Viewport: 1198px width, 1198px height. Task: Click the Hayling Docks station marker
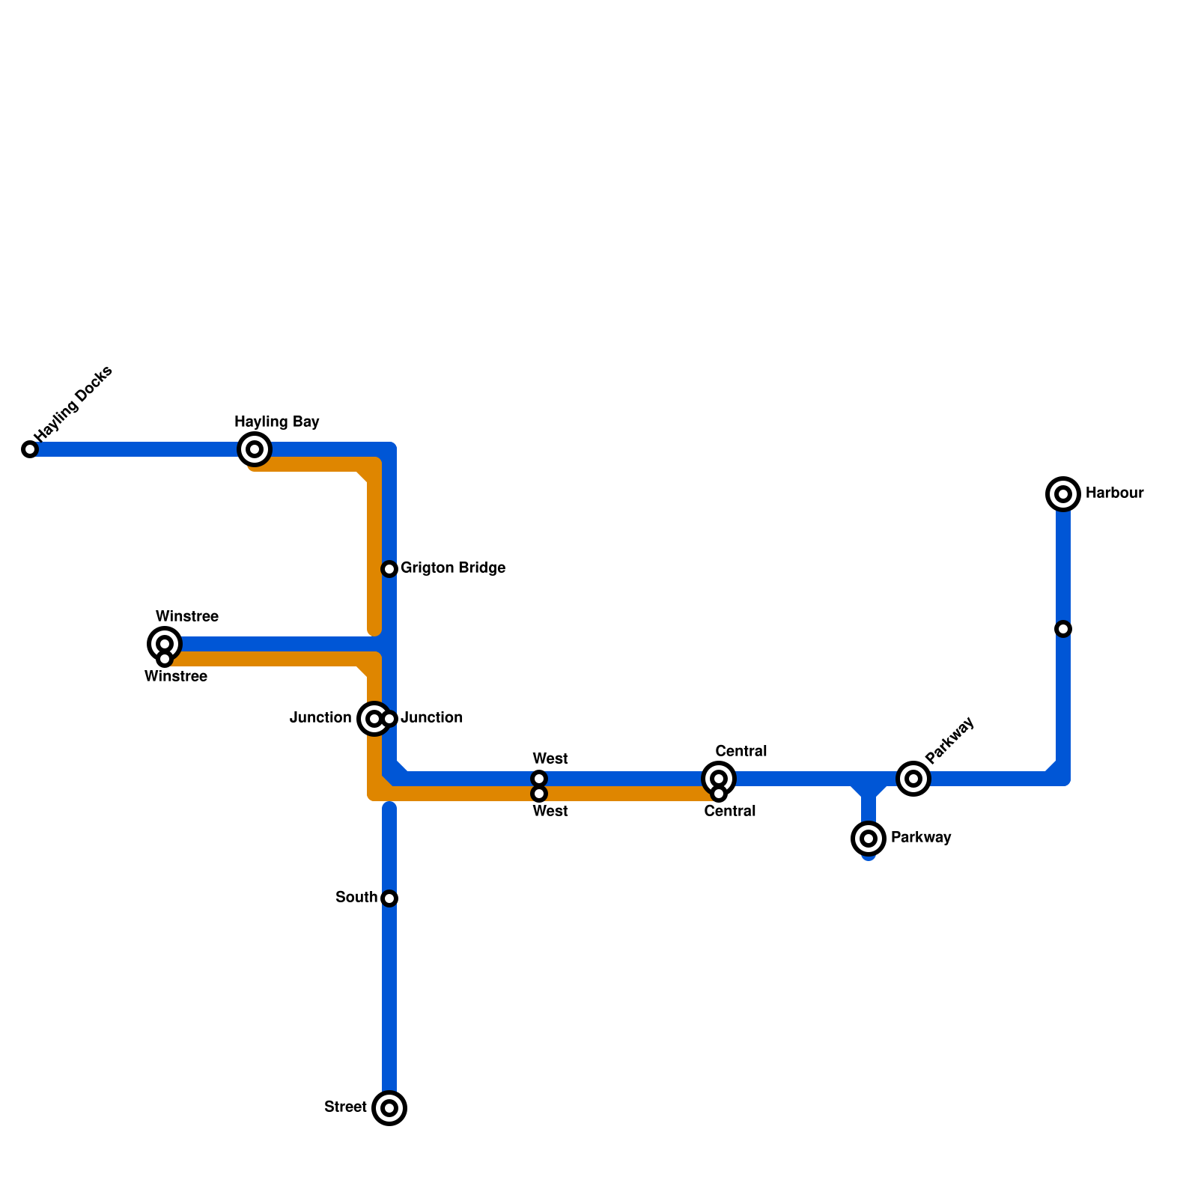(30, 449)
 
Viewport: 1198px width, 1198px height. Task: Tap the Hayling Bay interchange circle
(255, 449)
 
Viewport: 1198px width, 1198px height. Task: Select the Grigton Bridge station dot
(389, 569)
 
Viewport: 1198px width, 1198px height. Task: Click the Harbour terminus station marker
(1063, 494)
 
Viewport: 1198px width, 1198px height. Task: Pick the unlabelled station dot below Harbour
(1063, 629)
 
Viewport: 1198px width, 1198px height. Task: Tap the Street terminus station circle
(389, 1108)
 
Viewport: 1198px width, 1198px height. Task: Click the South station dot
(389, 898)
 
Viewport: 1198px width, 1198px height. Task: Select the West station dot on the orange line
(539, 794)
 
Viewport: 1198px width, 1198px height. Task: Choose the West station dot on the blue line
(539, 779)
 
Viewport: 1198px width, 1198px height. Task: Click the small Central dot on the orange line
(719, 794)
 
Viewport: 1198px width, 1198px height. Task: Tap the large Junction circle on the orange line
(374, 719)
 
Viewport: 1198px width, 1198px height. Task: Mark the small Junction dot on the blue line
(389, 719)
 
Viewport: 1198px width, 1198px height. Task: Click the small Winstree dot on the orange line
(165, 659)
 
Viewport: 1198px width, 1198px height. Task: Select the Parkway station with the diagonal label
(913, 779)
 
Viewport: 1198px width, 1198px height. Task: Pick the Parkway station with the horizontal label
(869, 839)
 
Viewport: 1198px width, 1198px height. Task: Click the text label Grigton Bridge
(453, 568)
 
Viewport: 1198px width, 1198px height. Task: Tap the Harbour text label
(1114, 493)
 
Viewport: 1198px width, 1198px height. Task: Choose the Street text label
(345, 1107)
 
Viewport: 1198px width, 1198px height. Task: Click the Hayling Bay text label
(277, 422)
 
